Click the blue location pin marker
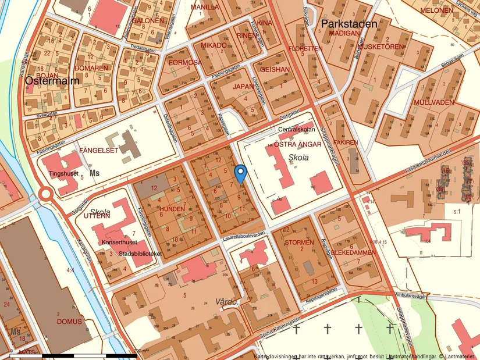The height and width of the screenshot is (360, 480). (x=240, y=173)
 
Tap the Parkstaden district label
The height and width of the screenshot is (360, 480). (x=349, y=24)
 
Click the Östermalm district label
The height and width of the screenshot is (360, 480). (x=52, y=82)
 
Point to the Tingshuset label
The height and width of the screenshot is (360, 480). (x=65, y=173)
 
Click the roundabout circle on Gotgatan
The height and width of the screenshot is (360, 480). (x=45, y=194)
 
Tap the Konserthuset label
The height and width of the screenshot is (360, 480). (x=119, y=242)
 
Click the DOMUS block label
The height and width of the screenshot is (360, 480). (x=70, y=321)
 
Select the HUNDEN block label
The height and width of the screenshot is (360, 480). (x=173, y=208)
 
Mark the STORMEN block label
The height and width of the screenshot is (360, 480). (x=300, y=242)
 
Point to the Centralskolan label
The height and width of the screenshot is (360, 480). (x=297, y=129)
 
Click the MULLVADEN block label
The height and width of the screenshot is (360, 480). (x=433, y=102)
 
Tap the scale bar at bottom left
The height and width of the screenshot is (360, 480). (x=81, y=354)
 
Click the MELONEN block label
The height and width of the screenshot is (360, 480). (x=436, y=10)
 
